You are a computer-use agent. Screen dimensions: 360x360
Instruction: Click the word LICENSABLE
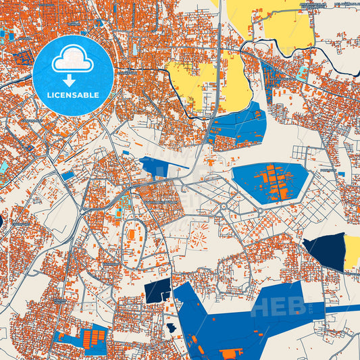point(73,95)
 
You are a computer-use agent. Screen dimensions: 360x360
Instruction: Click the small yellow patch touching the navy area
point(353,251)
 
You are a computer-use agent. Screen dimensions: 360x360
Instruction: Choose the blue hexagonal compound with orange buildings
point(270,181)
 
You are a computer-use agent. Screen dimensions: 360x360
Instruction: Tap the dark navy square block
point(157,292)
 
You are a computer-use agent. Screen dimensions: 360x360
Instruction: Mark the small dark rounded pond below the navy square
point(172,328)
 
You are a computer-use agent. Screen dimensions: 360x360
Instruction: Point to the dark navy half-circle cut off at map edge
point(1,220)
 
